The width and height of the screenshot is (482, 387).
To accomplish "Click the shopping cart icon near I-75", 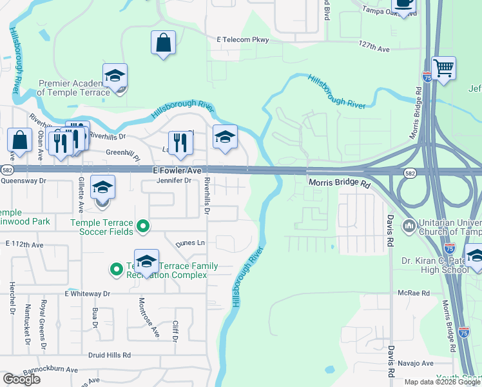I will point(443,68).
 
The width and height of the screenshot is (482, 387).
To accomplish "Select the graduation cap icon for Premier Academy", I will point(115,77).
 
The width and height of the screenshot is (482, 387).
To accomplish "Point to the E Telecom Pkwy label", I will point(242,40).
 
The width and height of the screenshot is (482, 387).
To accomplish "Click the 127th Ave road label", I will point(374,48).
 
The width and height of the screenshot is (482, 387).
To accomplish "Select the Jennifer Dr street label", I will point(174,181).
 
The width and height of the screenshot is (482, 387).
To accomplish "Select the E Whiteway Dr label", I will point(88,293).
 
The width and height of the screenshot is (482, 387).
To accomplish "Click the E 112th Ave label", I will point(24,245).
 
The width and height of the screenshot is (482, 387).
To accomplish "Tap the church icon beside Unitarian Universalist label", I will point(409,226).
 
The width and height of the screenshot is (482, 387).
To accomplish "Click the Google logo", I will point(21,379).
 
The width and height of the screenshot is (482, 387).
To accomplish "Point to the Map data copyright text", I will point(443,382).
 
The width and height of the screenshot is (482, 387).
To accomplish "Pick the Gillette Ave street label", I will point(81,195).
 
